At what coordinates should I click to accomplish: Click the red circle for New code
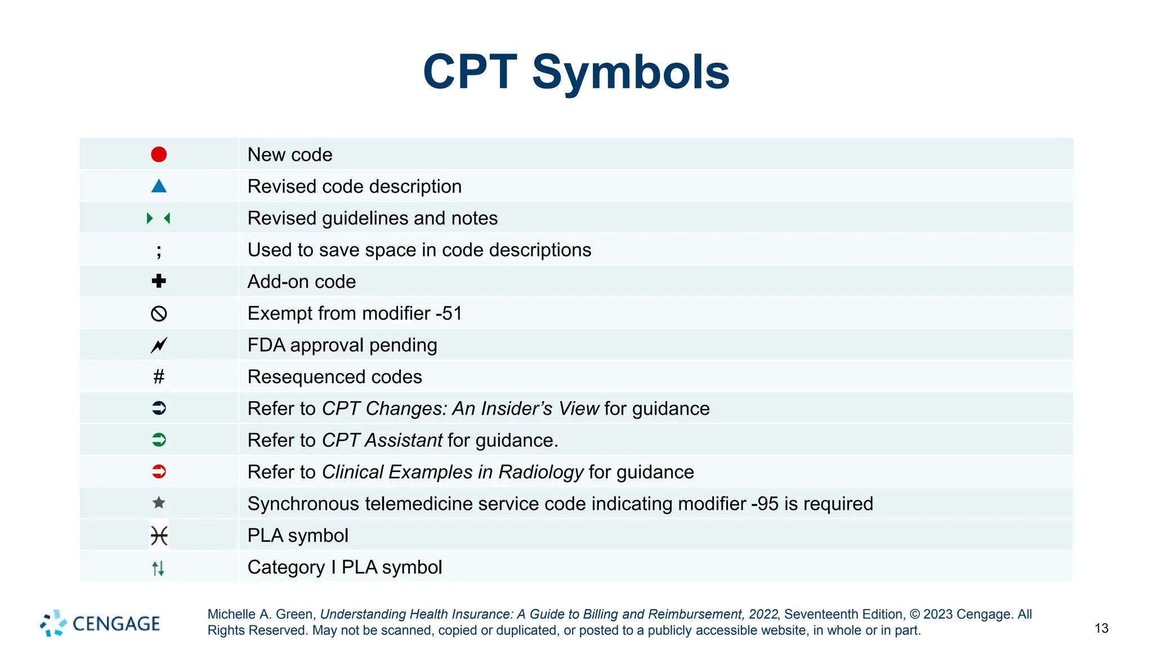click(159, 154)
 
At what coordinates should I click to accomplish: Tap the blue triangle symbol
click(159, 186)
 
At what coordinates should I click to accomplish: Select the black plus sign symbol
click(159, 281)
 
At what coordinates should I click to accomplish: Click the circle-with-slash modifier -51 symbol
click(159, 313)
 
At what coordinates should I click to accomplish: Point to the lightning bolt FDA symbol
click(159, 345)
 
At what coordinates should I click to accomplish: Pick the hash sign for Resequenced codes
click(159, 376)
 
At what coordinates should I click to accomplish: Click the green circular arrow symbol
click(159, 440)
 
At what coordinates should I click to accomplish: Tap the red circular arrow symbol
click(159, 472)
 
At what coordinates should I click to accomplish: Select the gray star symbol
click(159, 503)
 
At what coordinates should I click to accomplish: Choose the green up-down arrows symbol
click(158, 568)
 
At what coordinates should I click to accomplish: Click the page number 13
click(1101, 628)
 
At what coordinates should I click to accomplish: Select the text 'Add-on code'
click(302, 282)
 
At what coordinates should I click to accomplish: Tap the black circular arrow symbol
click(159, 408)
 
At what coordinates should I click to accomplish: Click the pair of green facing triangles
click(158, 218)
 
